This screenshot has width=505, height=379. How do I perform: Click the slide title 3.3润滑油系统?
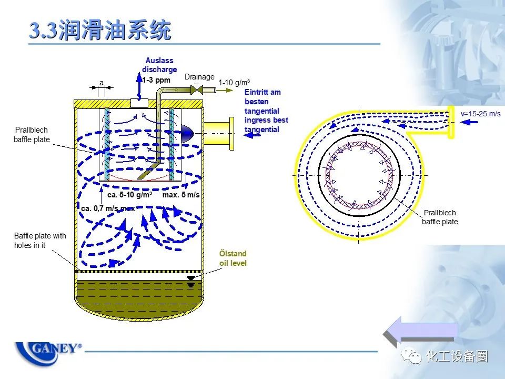tap(99, 31)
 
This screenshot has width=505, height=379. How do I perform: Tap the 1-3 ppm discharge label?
tap(156, 80)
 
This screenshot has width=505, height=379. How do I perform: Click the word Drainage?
tap(199, 77)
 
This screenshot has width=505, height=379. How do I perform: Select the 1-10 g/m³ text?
tap(234, 83)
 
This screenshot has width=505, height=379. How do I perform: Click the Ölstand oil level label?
tap(233, 258)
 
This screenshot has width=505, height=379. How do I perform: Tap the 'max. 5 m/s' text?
tap(181, 195)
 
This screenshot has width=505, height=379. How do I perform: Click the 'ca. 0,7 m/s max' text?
tap(107, 208)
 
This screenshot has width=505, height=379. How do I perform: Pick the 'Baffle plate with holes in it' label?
tap(40, 241)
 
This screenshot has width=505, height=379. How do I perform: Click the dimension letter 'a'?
tap(102, 83)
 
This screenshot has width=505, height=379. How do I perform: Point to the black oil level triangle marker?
tap(190, 277)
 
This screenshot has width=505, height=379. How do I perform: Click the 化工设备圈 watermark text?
tap(457, 356)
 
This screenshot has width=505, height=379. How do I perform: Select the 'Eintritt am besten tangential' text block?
tap(266, 111)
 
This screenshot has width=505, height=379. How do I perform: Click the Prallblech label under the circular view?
tap(440, 217)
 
